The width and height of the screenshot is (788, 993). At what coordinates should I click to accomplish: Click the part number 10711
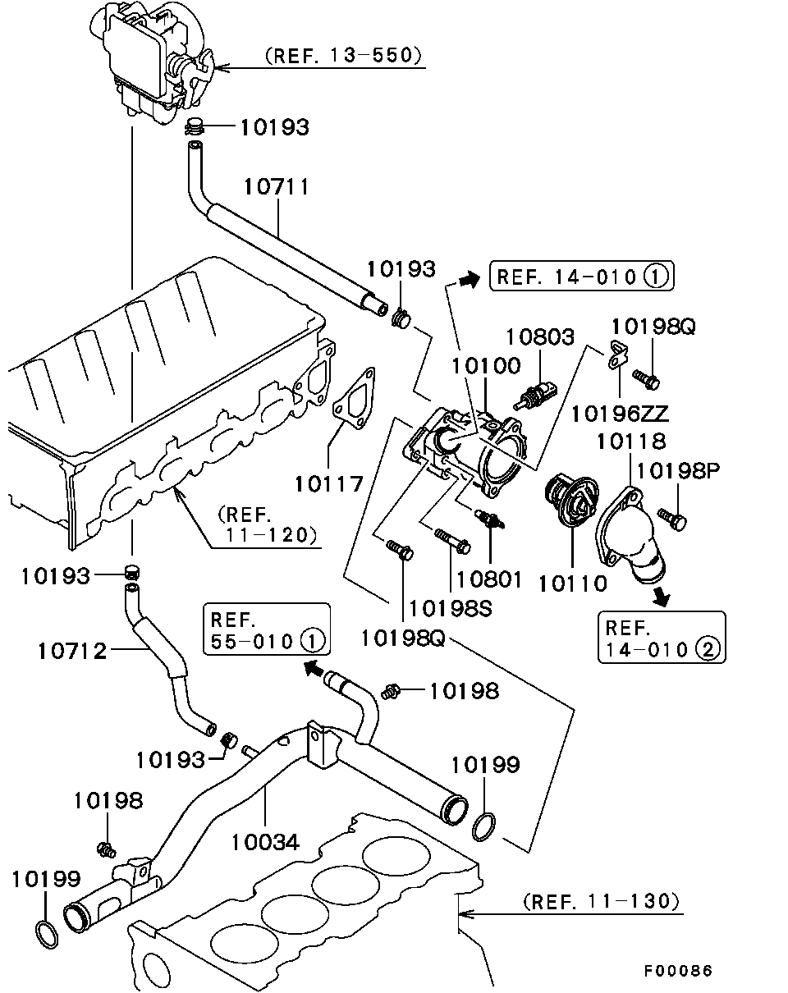[x=277, y=187]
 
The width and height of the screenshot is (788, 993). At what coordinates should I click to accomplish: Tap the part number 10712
[x=72, y=651]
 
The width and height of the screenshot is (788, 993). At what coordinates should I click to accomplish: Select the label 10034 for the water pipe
[x=265, y=841]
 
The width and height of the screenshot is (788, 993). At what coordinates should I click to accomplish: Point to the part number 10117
[x=329, y=483]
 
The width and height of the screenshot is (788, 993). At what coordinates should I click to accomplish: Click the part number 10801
[x=489, y=579]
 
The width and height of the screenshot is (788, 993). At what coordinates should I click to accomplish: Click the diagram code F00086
[x=677, y=971]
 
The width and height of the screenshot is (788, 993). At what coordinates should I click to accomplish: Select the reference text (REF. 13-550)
[x=343, y=56]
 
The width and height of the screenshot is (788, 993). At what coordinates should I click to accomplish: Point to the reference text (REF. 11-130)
[x=601, y=901]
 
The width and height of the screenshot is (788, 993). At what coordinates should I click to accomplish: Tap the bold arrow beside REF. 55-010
[x=314, y=667]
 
